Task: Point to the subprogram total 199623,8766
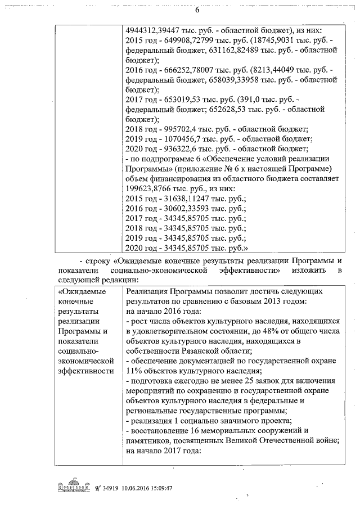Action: [155, 188]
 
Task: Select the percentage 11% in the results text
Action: [135, 371]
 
